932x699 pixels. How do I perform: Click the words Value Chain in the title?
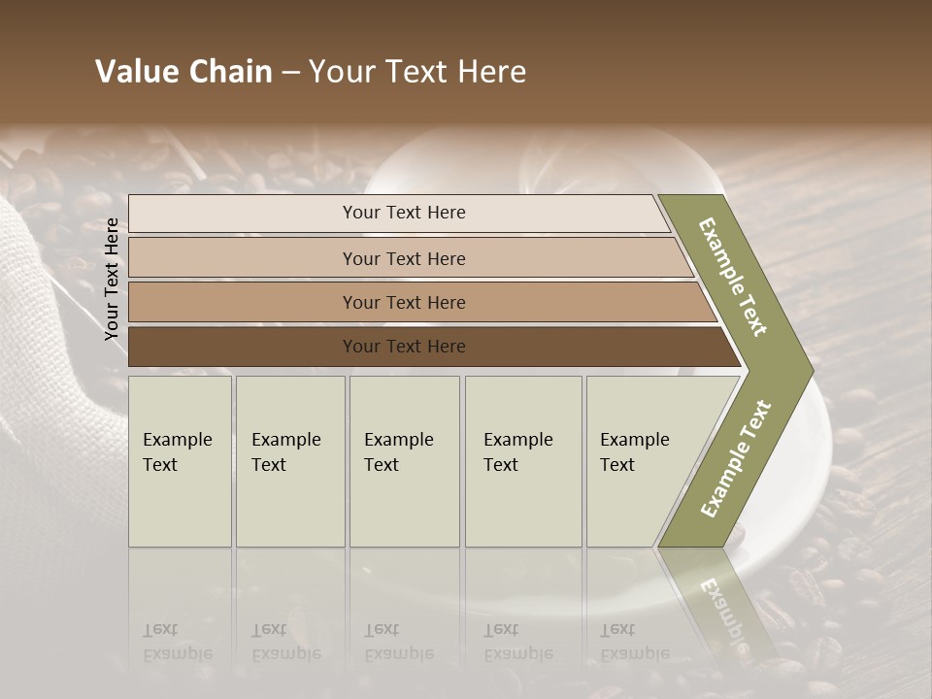183,72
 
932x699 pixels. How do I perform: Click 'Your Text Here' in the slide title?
417,72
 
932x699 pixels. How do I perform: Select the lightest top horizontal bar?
243,214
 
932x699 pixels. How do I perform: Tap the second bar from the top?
243,258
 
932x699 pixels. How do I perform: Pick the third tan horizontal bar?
243,303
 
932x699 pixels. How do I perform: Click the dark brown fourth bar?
243,347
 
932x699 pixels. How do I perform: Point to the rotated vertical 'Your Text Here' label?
112,279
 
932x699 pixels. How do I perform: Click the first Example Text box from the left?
180,461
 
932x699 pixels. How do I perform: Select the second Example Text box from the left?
289,461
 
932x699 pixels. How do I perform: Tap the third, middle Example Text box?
404,461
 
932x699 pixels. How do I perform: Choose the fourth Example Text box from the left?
522,461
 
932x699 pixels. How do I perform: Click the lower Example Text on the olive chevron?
736,459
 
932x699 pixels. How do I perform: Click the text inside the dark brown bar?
404,347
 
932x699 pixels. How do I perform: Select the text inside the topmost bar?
404,213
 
